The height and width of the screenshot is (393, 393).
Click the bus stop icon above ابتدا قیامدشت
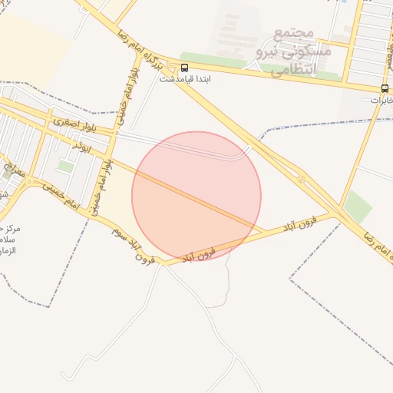pyautogui.click(x=184, y=68)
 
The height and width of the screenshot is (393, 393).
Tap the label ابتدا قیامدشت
pyautogui.click(x=185, y=79)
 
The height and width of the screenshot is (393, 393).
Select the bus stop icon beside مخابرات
pyautogui.click(x=384, y=88)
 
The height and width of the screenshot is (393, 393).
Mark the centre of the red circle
pyautogui.click(x=196, y=196)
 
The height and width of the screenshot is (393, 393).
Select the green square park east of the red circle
pyautogui.click(x=357, y=206)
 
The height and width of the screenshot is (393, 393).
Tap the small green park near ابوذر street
pyautogui.click(x=66, y=166)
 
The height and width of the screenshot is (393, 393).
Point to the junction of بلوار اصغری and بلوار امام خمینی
pyautogui.click(x=117, y=131)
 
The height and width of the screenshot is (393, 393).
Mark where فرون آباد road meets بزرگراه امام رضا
pyautogui.click(x=339, y=215)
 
